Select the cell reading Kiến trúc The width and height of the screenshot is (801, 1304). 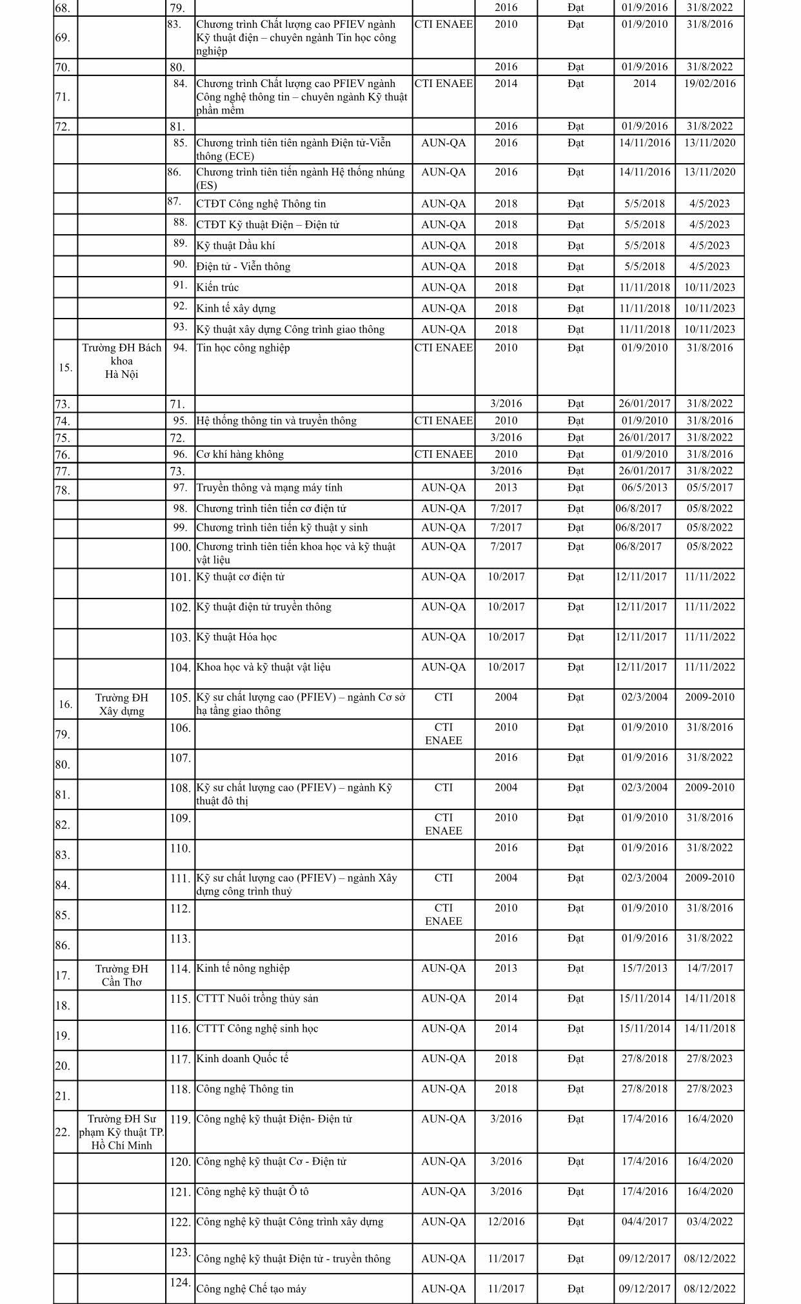[217, 288]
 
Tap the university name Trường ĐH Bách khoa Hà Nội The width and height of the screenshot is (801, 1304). [121, 361]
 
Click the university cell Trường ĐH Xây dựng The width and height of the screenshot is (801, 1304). [121, 704]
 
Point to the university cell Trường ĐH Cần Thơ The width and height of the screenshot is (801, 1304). [121, 975]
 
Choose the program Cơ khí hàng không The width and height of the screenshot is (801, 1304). [240, 454]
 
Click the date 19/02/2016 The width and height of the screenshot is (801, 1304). [709, 84]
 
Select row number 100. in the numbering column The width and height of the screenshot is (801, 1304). [181, 548]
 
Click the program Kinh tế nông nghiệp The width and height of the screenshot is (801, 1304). [242, 968]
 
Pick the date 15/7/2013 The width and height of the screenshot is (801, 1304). [644, 968]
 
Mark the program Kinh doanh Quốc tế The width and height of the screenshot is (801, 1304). [242, 1058]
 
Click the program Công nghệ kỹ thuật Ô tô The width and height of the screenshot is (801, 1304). [252, 1191]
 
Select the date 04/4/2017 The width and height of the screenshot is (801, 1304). [644, 1221]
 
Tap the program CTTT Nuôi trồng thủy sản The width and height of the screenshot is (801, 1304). [257, 998]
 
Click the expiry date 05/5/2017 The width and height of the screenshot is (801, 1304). [709, 488]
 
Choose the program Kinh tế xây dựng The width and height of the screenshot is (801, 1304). [236, 308]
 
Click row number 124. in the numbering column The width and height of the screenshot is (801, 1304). [181, 1283]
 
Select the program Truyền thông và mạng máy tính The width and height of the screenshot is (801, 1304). [269, 488]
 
